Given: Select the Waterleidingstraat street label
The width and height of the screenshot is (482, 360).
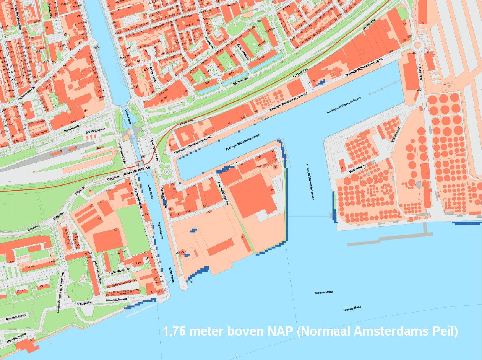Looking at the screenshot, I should [x=223, y=194].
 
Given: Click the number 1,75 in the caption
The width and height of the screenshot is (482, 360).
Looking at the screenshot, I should [x=175, y=331].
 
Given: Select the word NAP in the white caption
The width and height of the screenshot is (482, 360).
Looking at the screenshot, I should [x=280, y=331].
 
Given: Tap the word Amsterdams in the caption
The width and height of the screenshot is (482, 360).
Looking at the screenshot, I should [x=389, y=331].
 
